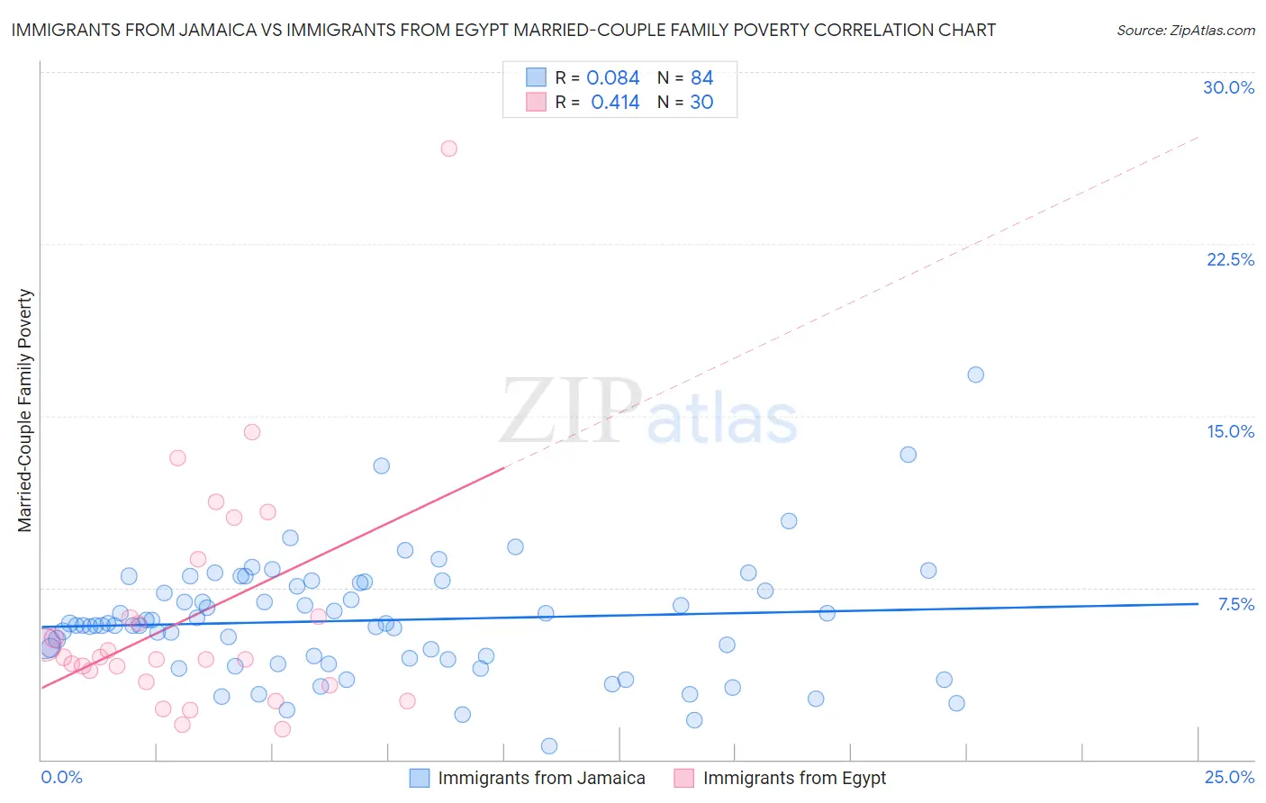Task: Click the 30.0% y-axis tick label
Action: point(1228,87)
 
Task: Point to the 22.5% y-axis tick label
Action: point(1230,259)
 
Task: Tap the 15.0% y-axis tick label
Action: point(1230,431)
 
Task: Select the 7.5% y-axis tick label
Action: point(1235,604)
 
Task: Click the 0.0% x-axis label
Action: point(61,777)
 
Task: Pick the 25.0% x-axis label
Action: point(1229,777)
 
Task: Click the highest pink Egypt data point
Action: point(448,149)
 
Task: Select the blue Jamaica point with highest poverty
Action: point(975,374)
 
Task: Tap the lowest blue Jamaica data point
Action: point(548,745)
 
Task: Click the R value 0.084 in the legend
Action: point(612,78)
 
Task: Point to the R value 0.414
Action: point(615,103)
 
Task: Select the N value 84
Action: point(701,78)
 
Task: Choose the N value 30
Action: point(701,103)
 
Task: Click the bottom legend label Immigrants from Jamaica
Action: point(541,778)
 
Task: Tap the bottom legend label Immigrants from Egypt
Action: point(794,778)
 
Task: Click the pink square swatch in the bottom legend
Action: point(684,778)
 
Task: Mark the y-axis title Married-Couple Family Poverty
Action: point(25,410)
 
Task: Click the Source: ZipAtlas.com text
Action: point(1185,31)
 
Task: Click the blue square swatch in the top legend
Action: point(536,77)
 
